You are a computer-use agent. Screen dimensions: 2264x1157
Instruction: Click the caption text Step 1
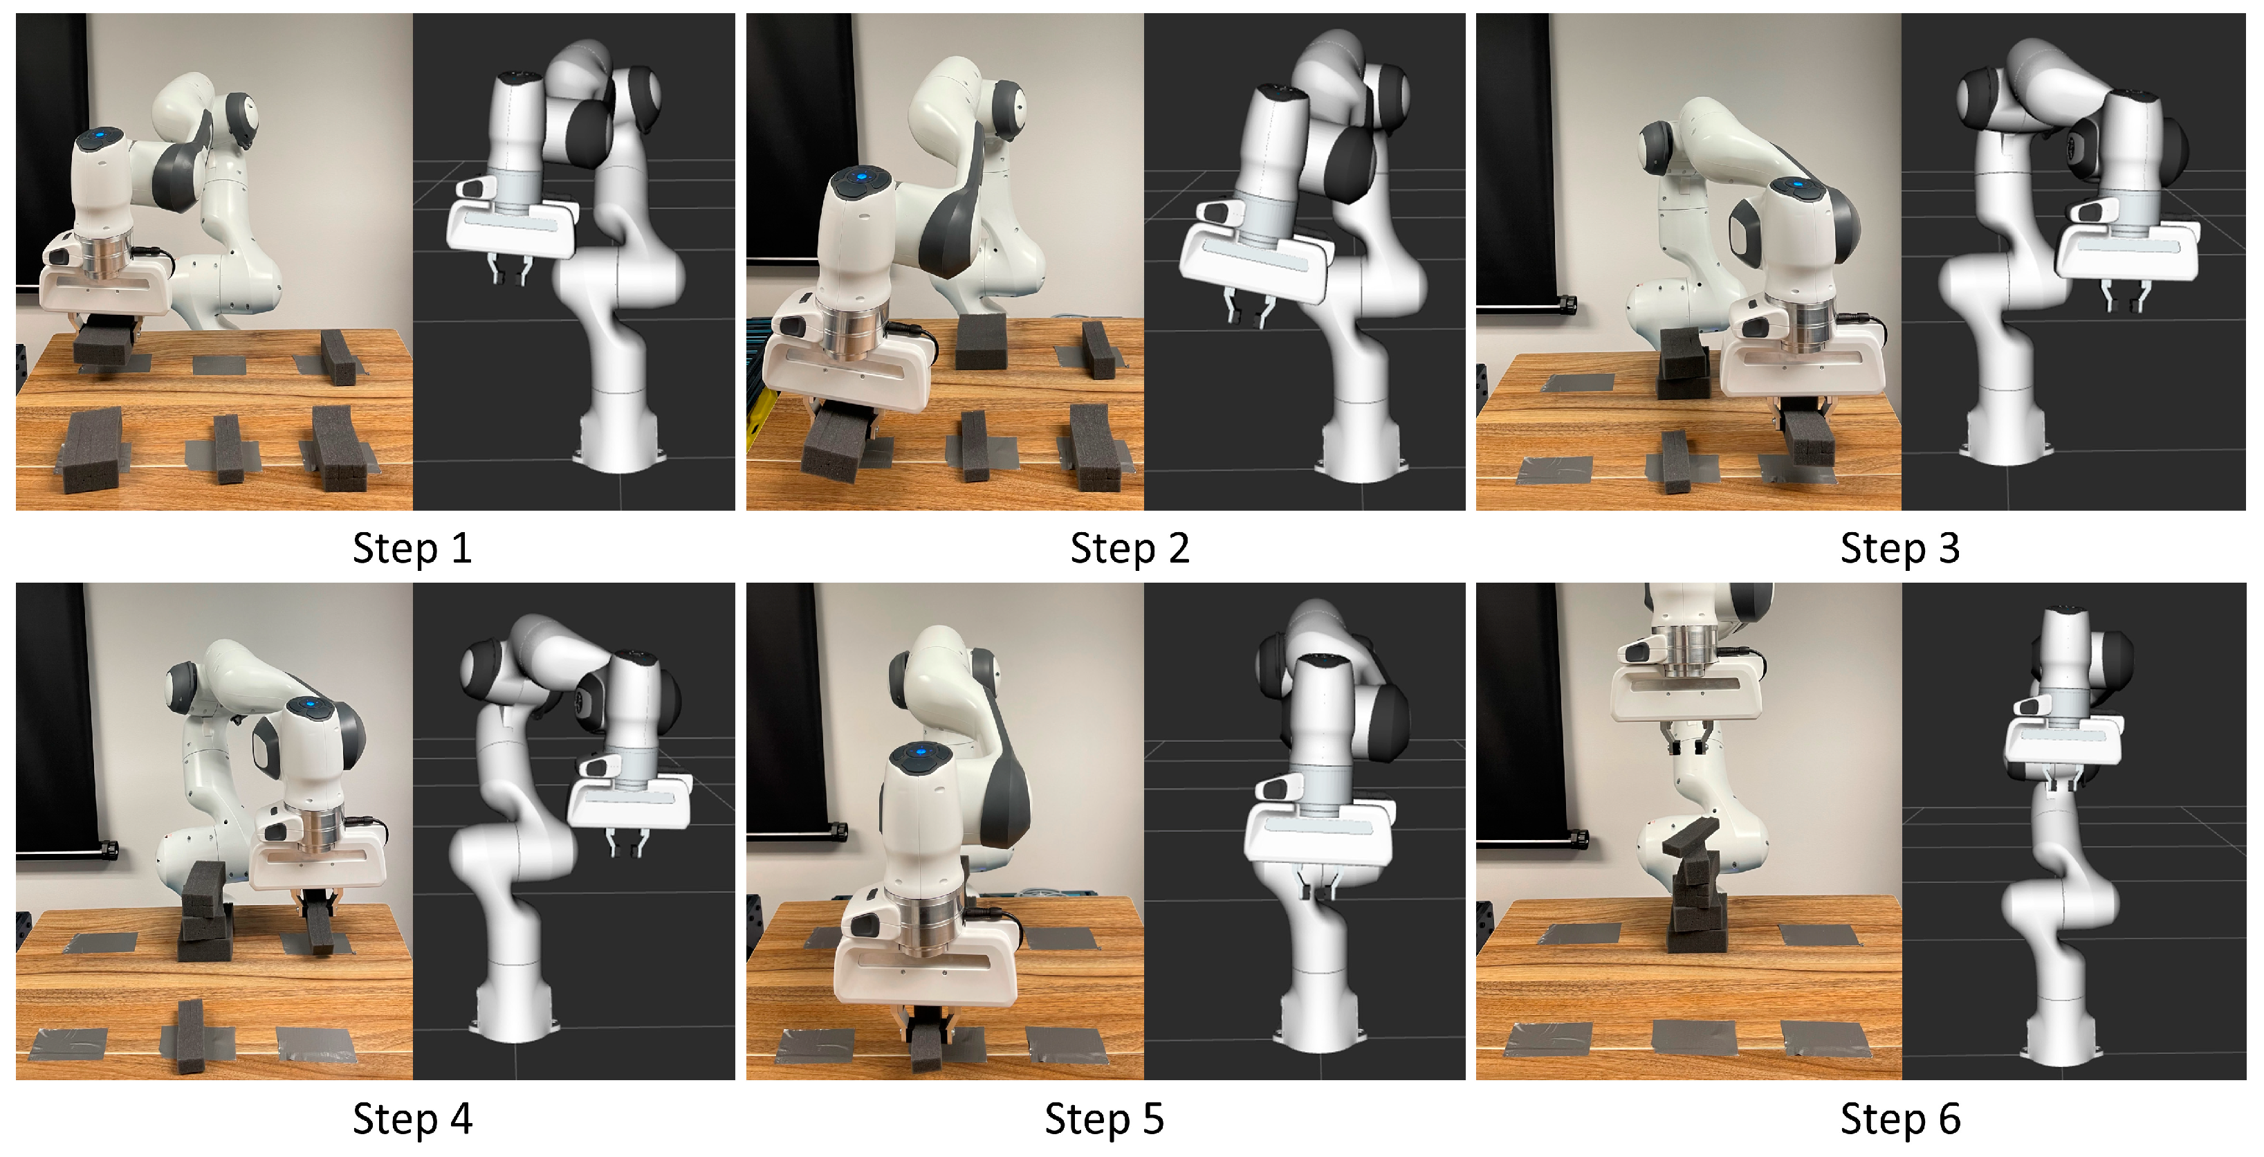click(x=412, y=549)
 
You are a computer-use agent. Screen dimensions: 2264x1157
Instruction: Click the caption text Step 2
click(x=1130, y=549)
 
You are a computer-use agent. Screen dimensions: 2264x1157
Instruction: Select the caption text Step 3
click(x=1900, y=549)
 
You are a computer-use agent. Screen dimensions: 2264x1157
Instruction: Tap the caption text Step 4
click(x=412, y=1119)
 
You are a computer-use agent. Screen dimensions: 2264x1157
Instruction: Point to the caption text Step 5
click(x=1104, y=1119)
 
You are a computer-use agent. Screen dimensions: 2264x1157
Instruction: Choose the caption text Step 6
click(x=1900, y=1119)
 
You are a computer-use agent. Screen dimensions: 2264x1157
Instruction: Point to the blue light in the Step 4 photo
click(x=309, y=703)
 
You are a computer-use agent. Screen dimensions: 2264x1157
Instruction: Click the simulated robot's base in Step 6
click(x=2061, y=1037)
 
